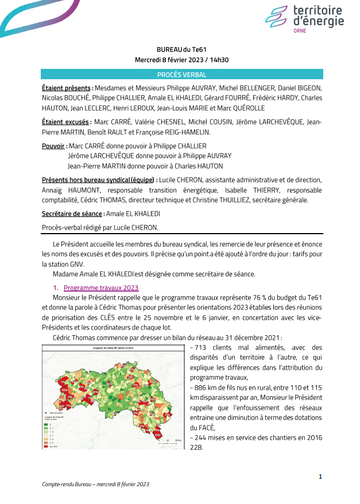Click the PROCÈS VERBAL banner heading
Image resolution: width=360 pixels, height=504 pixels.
click(181, 75)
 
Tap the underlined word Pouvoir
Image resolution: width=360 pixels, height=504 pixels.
click(54, 146)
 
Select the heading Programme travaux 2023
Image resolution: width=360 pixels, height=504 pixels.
click(101, 287)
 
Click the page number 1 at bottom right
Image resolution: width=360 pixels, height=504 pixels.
click(320, 476)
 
